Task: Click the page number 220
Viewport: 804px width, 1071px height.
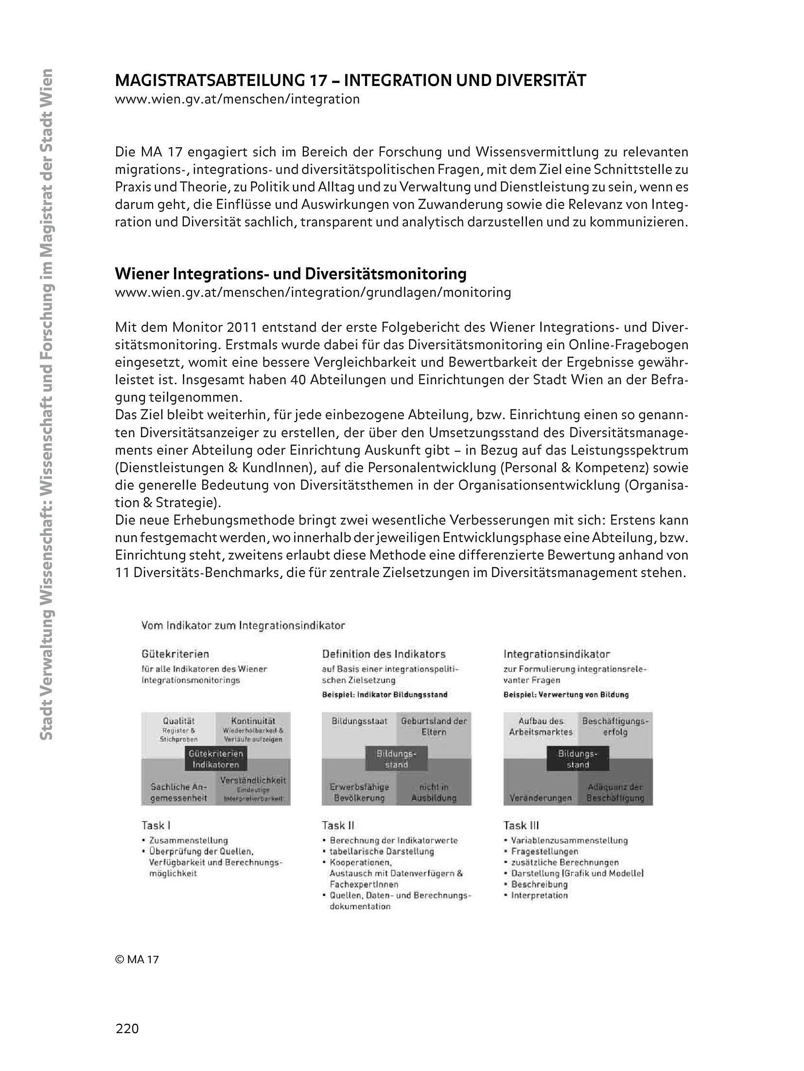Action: coord(127,1028)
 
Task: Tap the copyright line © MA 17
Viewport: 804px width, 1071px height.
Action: coord(137,959)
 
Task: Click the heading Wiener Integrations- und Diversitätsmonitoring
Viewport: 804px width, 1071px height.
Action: coord(290,274)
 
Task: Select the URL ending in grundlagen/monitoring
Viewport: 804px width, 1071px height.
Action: coord(313,292)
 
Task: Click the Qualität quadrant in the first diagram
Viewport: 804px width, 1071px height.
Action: coord(178,729)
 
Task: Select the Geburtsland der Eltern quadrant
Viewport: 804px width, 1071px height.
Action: coord(434,726)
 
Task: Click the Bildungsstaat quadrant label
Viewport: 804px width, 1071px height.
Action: coord(360,721)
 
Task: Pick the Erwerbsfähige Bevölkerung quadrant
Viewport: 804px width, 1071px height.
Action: coord(359,792)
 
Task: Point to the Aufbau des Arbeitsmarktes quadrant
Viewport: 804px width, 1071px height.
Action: coord(541,726)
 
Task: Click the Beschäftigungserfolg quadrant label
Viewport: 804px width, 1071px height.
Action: coord(615,726)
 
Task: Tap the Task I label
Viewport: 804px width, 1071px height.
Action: coord(156,825)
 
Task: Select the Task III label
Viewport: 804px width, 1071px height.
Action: coord(521,825)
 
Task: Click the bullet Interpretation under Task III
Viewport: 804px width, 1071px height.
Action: coord(539,895)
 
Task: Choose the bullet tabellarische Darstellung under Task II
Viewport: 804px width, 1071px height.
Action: coord(382,851)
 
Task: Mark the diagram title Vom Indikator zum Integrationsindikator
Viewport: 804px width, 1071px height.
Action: coord(243,626)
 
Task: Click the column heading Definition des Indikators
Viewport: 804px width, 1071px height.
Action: coord(384,654)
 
